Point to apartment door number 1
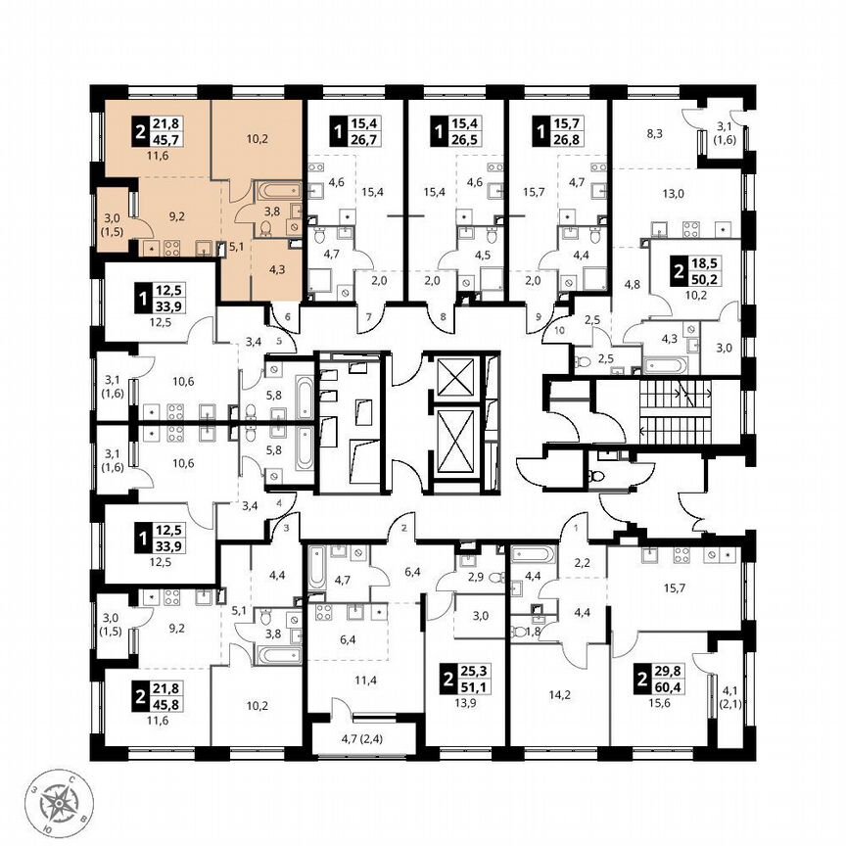576,530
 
